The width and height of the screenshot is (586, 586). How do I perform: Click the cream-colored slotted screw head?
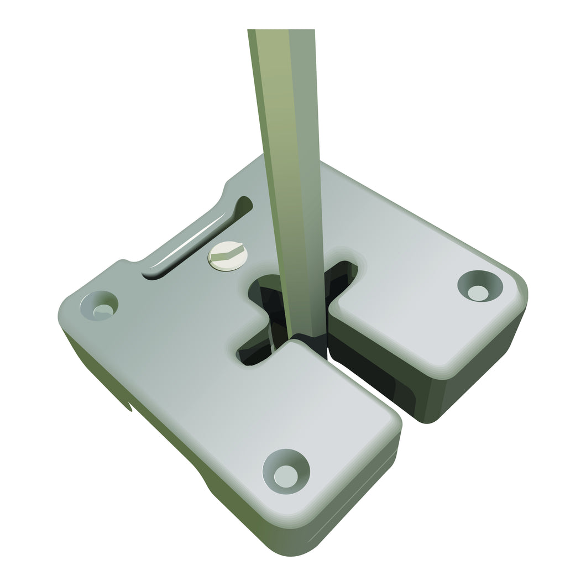(x=227, y=257)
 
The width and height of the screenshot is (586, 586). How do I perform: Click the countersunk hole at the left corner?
(x=100, y=305)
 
